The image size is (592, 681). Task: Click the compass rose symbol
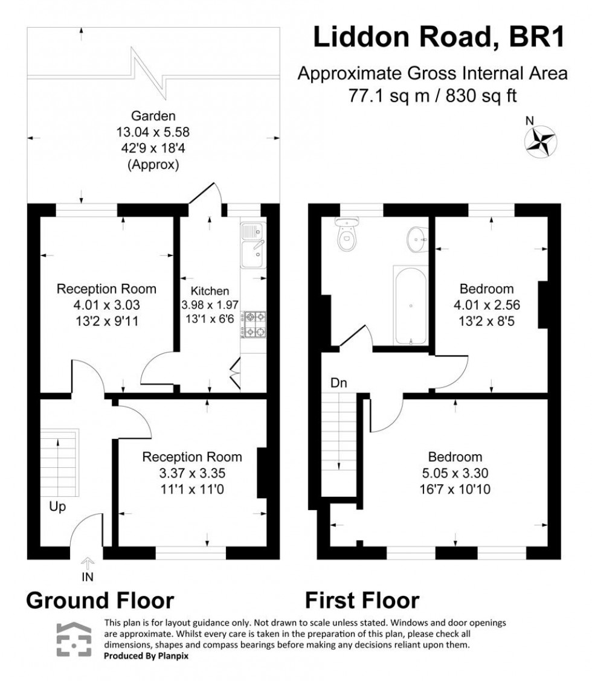(541, 140)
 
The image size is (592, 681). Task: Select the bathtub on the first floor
(410, 306)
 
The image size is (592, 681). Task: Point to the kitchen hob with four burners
(254, 324)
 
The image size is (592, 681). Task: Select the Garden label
(155, 116)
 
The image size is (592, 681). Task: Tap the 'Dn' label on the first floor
(338, 382)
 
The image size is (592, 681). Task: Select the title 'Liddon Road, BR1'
(439, 37)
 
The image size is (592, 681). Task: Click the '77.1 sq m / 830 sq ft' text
(432, 95)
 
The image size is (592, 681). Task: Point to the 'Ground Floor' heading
(100, 601)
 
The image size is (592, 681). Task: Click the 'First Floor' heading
(362, 601)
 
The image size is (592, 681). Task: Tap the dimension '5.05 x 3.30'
(455, 473)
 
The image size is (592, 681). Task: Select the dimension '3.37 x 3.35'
(192, 473)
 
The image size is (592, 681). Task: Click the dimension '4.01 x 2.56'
(486, 304)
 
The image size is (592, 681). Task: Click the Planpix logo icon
(74, 640)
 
